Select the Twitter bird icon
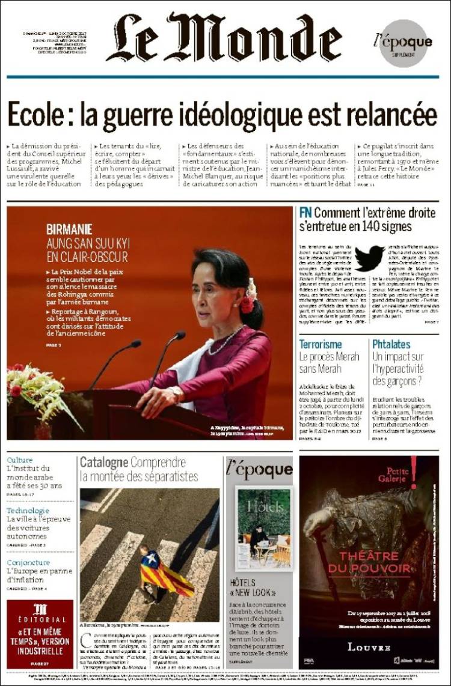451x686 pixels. (x=369, y=258)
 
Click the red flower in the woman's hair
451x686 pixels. (x=247, y=303)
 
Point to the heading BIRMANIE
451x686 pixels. (x=69, y=229)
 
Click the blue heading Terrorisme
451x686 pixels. (x=322, y=344)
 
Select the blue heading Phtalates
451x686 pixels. (x=391, y=344)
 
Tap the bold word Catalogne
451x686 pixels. (x=103, y=463)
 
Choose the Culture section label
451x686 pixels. (x=20, y=461)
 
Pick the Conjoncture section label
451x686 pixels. (x=28, y=562)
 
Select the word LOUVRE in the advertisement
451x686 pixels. (x=369, y=647)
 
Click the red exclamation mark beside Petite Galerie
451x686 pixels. (x=414, y=472)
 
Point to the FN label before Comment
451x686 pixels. (x=305, y=213)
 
